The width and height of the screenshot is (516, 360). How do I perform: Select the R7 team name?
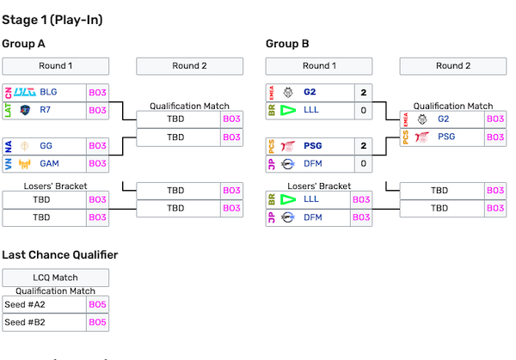click(46, 110)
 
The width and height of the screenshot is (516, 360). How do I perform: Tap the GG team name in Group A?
click(47, 146)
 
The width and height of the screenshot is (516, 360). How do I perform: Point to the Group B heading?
click(287, 44)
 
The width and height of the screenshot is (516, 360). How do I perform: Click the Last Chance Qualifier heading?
click(59, 254)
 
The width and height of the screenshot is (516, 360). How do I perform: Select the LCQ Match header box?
click(55, 278)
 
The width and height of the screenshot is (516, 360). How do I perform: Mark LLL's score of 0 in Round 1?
click(363, 110)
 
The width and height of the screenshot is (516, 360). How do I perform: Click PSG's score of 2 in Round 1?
click(363, 146)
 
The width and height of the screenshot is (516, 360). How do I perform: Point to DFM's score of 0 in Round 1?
click(363, 163)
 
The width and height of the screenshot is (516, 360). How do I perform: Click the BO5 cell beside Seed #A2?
click(98, 305)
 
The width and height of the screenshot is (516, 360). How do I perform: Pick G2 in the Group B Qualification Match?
click(443, 119)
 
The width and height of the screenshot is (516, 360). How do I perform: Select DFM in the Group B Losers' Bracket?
click(310, 217)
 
